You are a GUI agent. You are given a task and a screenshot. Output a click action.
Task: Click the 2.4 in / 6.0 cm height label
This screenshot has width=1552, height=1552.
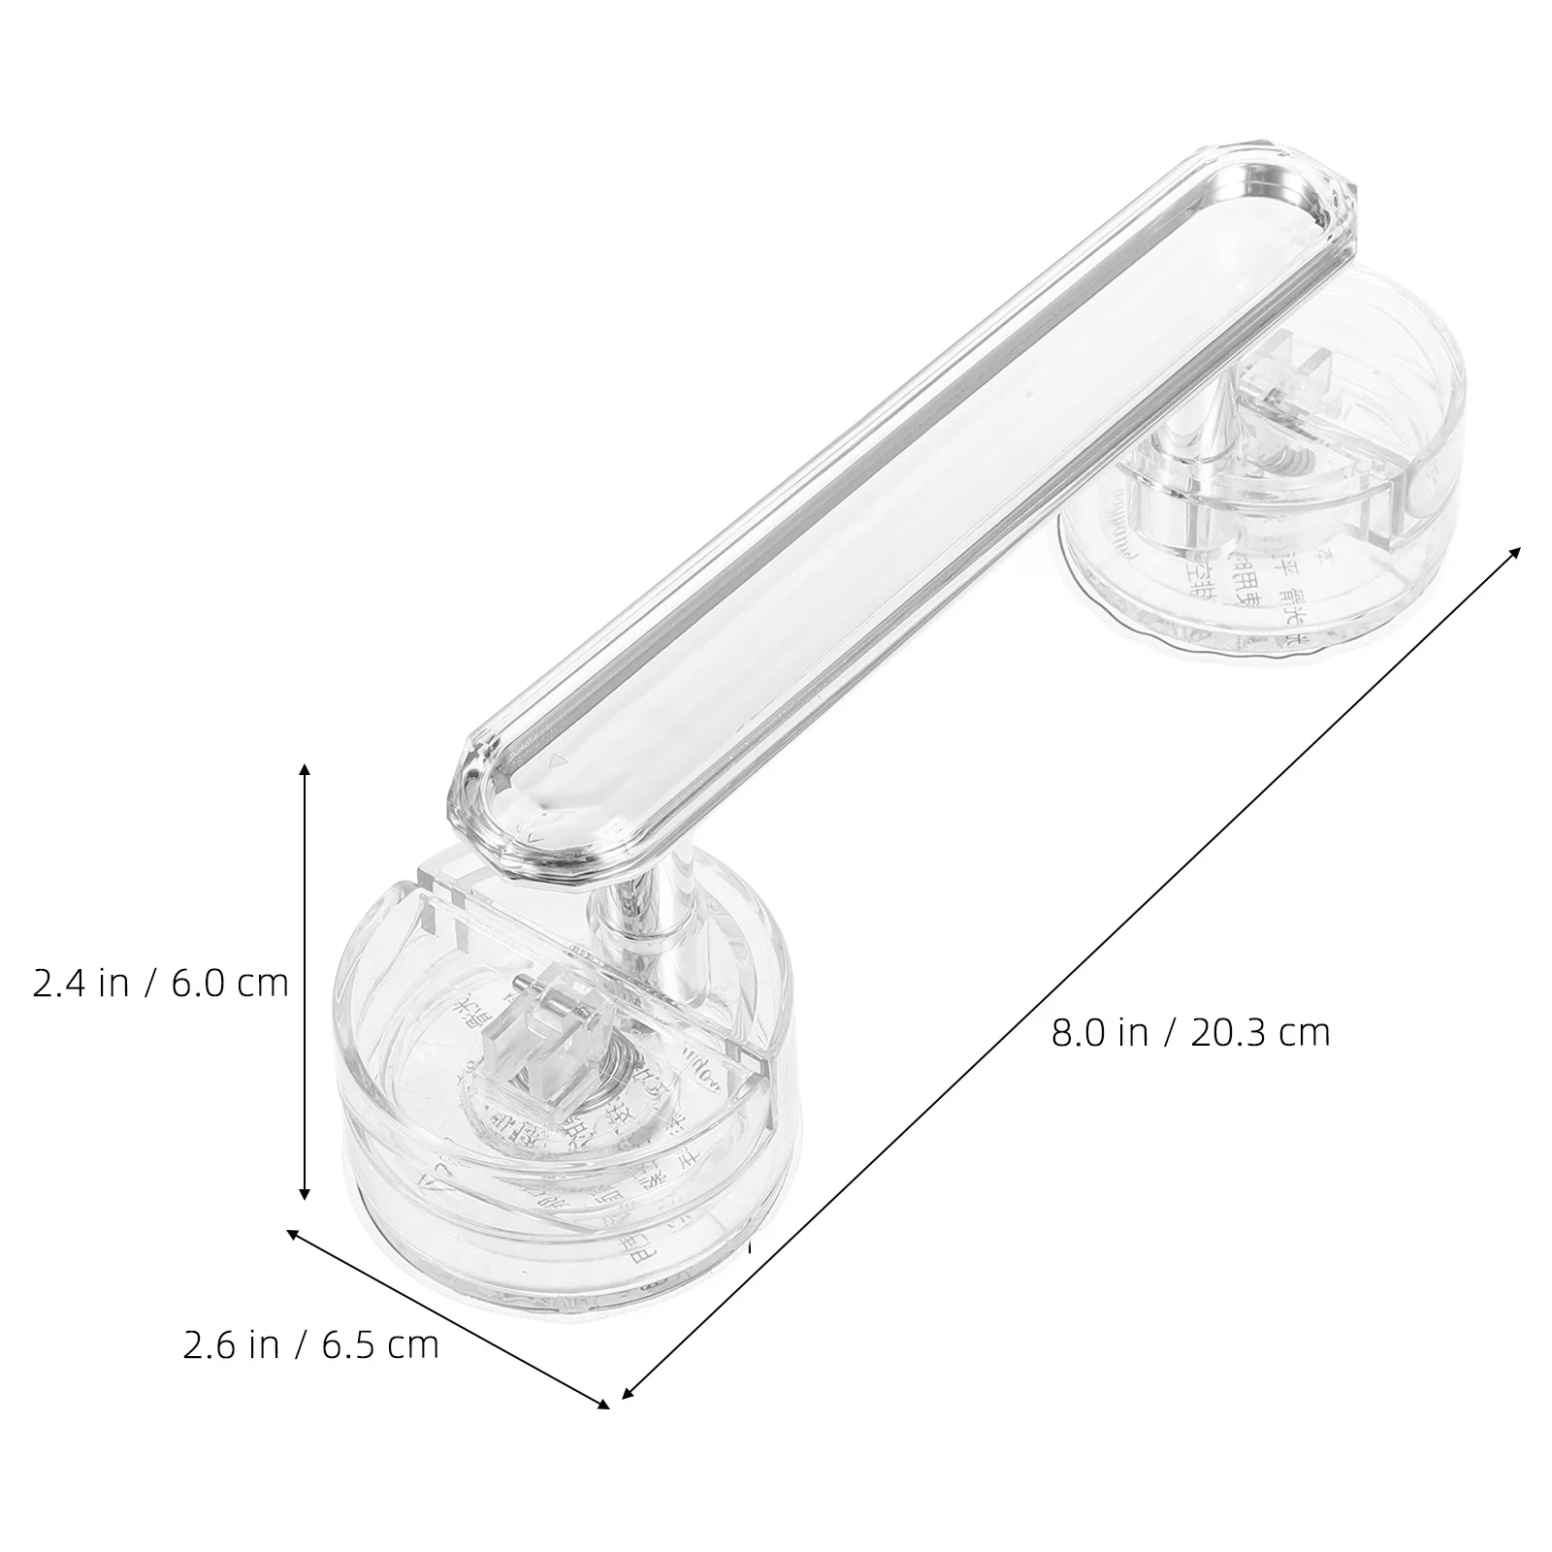tap(161, 984)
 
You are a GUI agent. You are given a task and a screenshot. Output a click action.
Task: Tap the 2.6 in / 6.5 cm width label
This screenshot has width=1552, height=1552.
tap(311, 1345)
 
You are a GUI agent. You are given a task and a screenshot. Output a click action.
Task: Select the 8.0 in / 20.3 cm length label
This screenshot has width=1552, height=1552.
tap(1190, 1033)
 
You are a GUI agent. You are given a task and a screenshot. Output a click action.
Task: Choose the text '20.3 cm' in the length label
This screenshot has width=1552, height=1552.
tap(1260, 1033)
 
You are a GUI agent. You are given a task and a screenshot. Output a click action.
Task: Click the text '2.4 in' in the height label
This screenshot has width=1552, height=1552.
tap(81, 984)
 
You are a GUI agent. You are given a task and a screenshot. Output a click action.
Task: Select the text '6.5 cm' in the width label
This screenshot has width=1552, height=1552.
tap(380, 1345)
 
